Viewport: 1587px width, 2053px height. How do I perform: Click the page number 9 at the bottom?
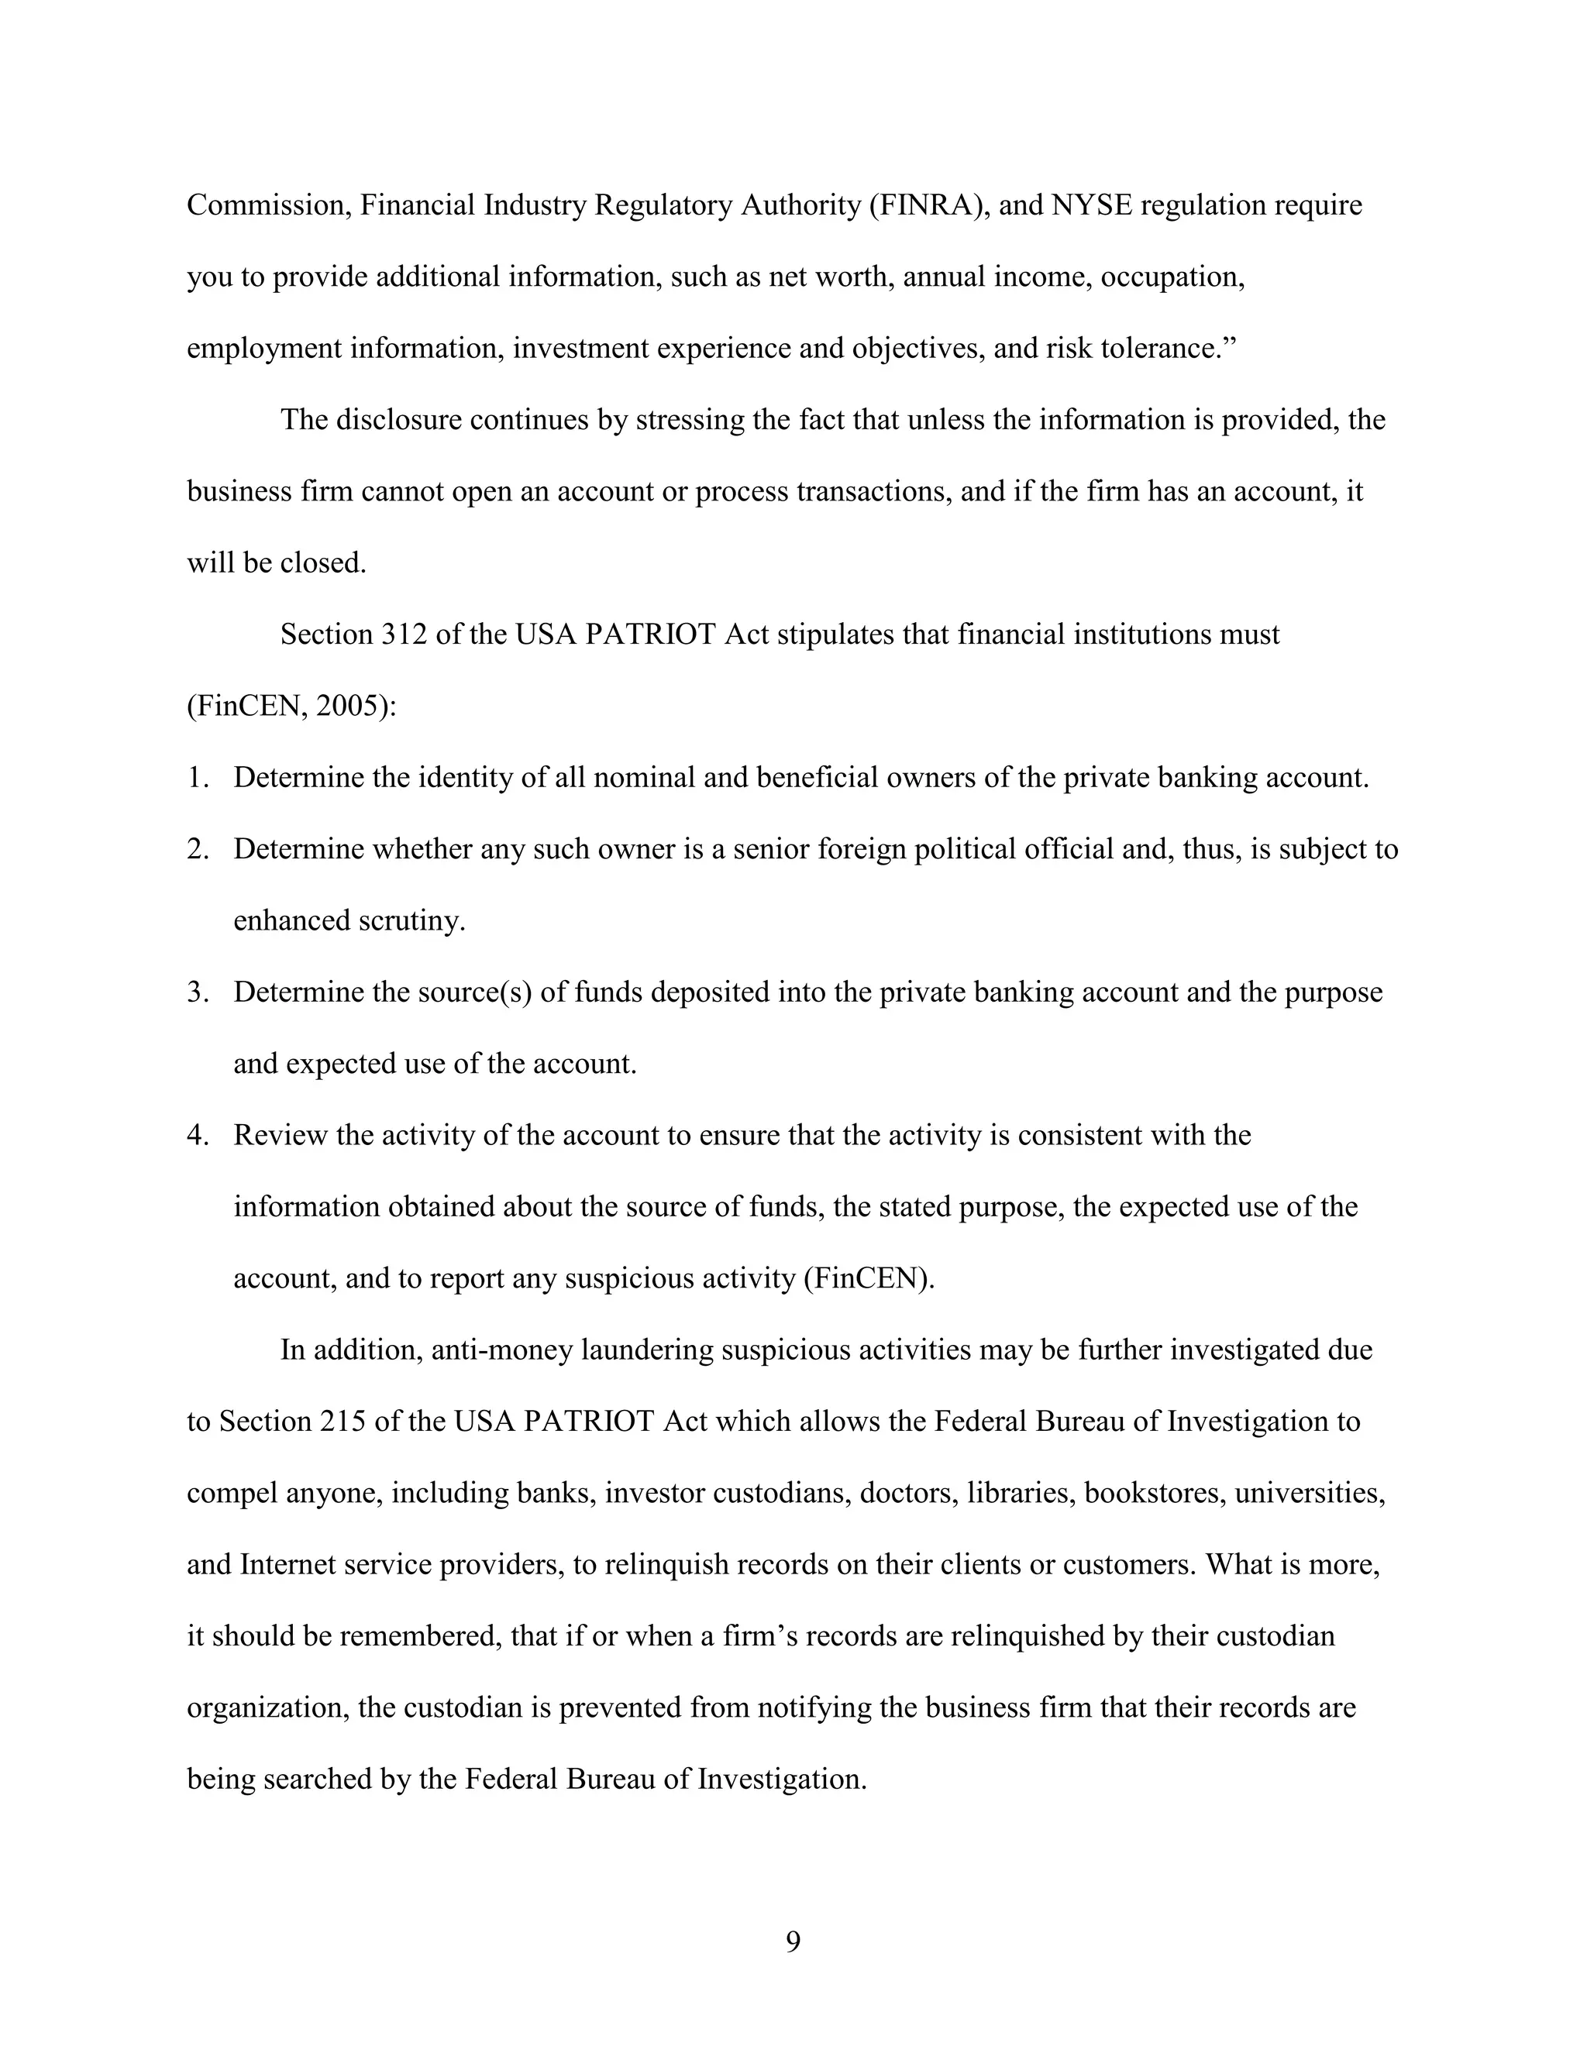793,1941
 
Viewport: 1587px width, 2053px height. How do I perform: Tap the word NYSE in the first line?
1092,205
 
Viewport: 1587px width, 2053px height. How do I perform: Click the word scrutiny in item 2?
411,921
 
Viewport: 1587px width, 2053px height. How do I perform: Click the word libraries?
1020,1493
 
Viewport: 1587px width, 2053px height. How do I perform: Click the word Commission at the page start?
269,205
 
